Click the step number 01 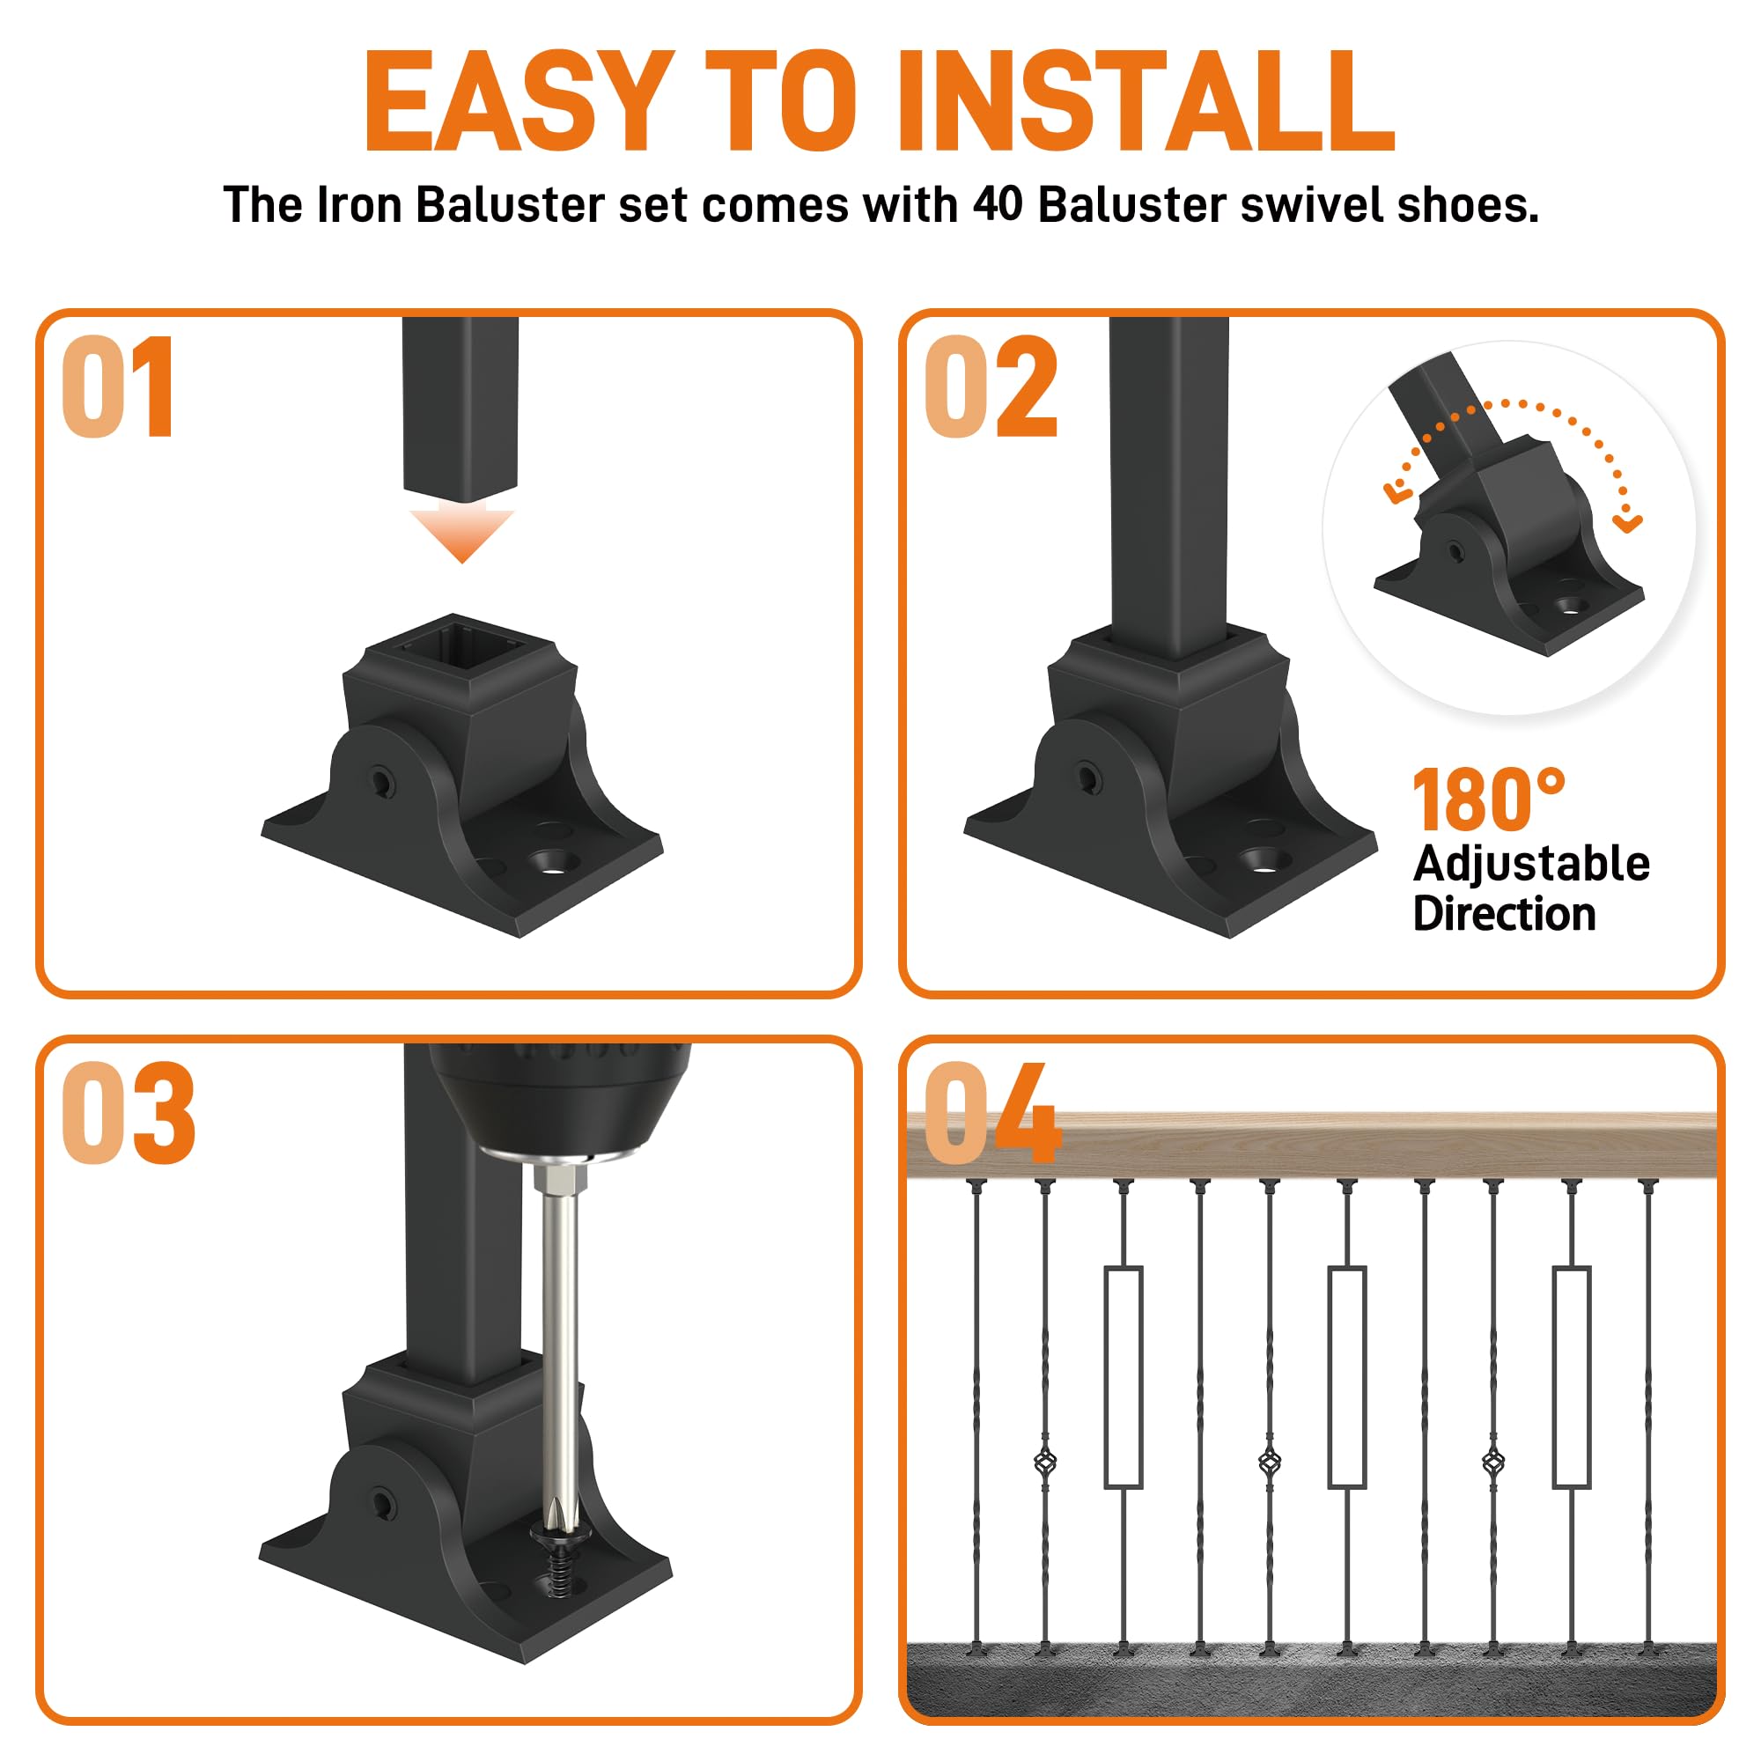[118, 387]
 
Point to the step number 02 [991, 387]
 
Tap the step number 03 [129, 1112]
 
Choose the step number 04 [992, 1112]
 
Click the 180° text [1488, 800]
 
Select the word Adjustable [1531, 865]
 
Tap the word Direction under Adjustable [1504, 914]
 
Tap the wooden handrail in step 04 [1312, 1146]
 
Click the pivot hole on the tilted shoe [1454, 550]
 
